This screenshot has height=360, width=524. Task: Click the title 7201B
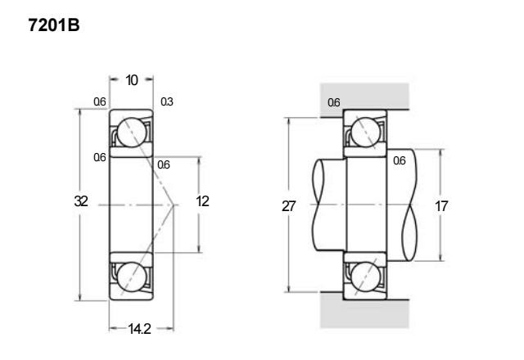[x=54, y=25]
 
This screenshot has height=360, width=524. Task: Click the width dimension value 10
[x=132, y=80]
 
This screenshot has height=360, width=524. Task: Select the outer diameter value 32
[x=81, y=201]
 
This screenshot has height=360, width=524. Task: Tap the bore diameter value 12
[x=202, y=201]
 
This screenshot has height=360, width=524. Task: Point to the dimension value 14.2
[x=140, y=329]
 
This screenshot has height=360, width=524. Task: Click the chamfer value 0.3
[x=167, y=101]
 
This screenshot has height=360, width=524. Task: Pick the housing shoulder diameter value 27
[x=289, y=206]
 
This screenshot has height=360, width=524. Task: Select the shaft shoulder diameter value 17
[x=441, y=206]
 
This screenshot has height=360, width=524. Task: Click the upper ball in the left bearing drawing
[x=132, y=133]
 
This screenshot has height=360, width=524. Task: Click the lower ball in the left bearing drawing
[x=132, y=277]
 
